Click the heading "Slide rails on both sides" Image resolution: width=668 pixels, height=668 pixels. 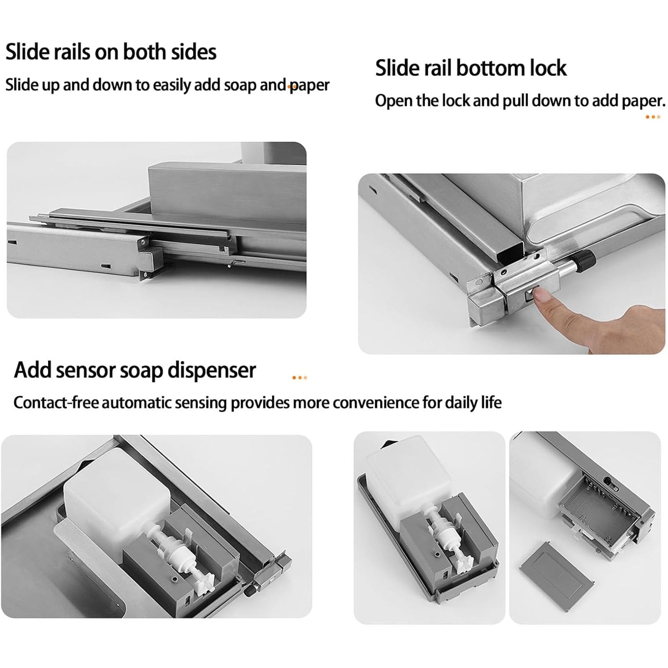tap(111, 52)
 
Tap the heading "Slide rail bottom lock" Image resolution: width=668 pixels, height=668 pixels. tap(471, 68)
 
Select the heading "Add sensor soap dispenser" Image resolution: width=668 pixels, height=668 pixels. tap(135, 370)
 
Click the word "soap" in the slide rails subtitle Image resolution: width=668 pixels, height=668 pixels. tap(240, 85)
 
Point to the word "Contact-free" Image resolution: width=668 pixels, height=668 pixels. tap(56, 402)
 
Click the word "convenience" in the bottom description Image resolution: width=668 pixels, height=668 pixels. tap(376, 403)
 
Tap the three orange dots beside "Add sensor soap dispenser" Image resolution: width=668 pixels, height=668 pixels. tap(299, 378)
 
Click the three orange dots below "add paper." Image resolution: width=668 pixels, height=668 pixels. tap(653, 117)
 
